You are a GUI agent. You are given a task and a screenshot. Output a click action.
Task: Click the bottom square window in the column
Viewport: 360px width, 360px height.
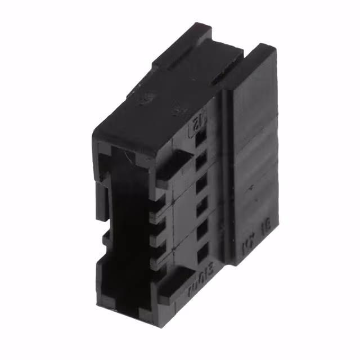pos(203,250)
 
